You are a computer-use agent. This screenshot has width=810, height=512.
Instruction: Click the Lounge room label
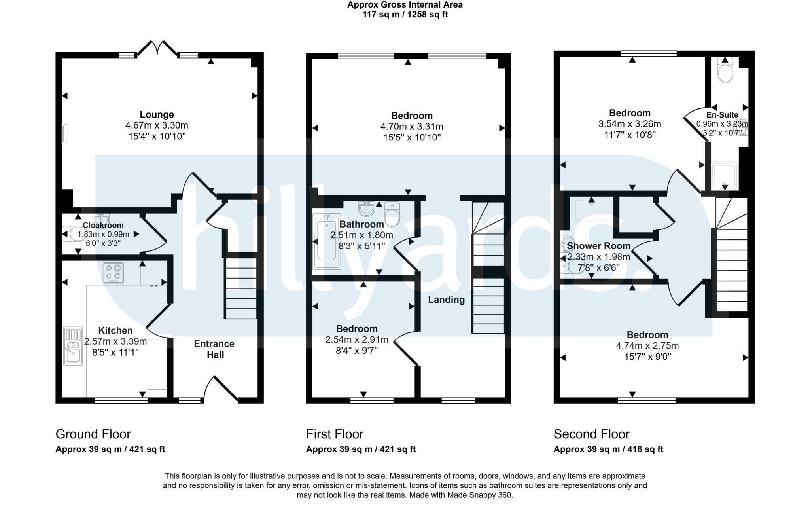click(157, 115)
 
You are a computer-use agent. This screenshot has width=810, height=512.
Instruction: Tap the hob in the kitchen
click(113, 273)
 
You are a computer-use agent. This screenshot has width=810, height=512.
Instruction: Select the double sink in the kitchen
click(73, 345)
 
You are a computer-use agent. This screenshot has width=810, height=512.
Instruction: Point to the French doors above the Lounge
click(157, 49)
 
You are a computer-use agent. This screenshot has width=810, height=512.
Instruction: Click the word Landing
click(446, 300)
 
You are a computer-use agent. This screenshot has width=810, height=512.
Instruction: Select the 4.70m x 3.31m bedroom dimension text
click(411, 127)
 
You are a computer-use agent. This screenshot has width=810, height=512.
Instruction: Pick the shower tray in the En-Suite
click(725, 175)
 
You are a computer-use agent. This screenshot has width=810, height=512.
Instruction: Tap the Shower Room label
click(598, 246)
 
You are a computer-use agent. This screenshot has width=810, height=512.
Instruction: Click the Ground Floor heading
click(93, 434)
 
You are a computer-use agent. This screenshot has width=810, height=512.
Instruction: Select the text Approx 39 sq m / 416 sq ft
click(608, 449)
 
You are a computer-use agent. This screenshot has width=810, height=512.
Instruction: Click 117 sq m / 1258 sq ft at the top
click(405, 15)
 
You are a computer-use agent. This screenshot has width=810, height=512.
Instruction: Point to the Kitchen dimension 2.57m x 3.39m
click(115, 341)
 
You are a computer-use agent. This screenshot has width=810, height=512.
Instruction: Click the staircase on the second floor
click(732, 269)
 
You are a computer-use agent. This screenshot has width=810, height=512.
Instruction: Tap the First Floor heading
click(335, 434)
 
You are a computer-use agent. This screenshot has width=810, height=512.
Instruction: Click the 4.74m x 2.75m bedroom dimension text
click(647, 346)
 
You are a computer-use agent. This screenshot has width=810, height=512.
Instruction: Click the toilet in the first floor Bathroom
click(392, 216)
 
